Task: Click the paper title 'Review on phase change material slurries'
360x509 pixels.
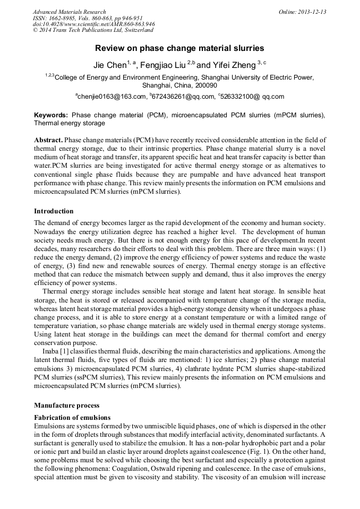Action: point(179,48)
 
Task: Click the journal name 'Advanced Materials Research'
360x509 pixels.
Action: point(69,12)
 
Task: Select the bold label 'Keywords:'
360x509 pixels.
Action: point(51,115)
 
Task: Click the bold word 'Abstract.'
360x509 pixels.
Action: point(48,140)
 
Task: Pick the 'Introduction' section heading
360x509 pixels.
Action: point(54,211)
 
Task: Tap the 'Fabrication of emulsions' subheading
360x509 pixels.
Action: point(72,418)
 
